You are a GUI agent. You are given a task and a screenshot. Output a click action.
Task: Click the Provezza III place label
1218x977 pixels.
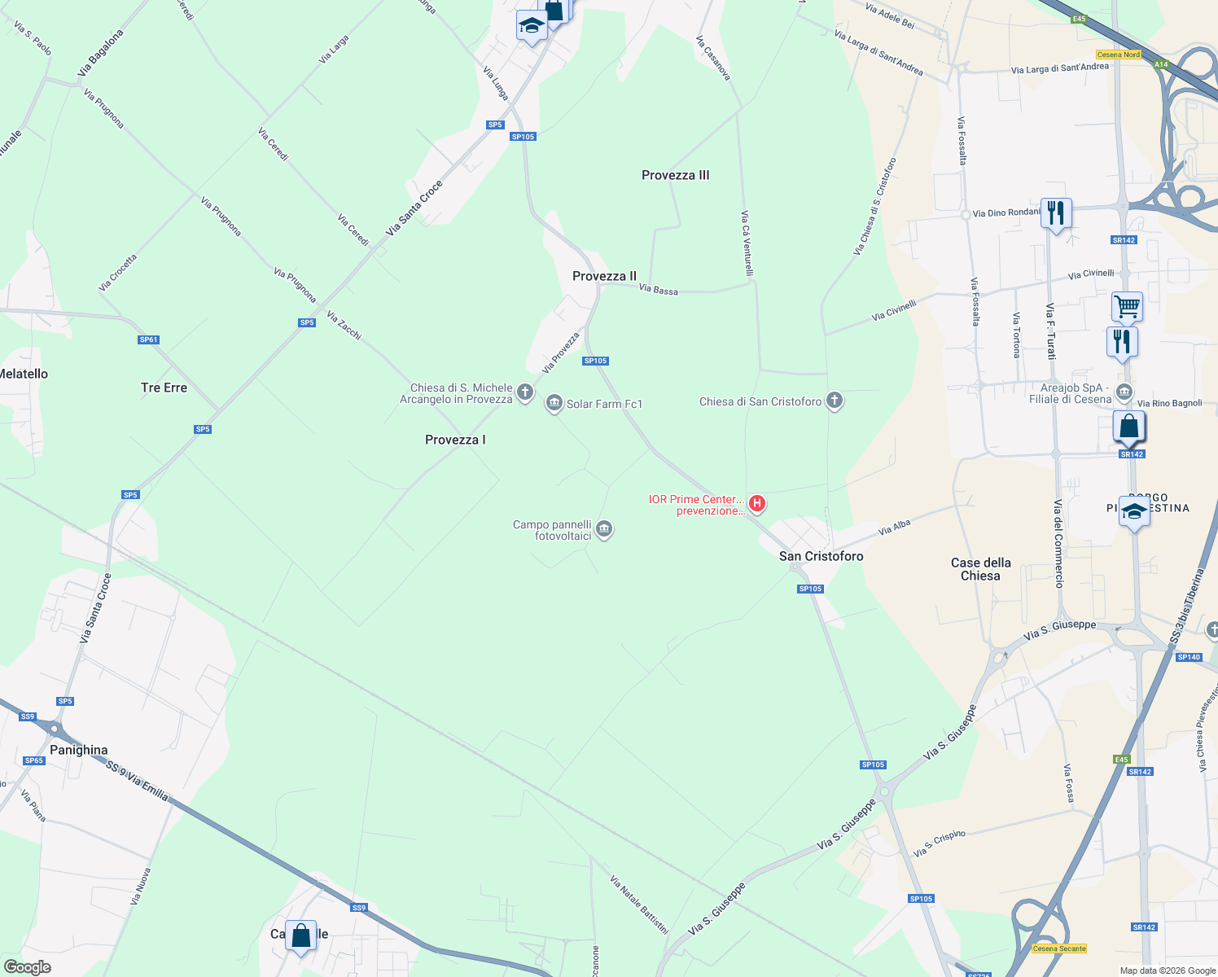pyautogui.click(x=675, y=175)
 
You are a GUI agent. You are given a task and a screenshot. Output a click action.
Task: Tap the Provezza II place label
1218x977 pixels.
pyautogui.click(x=604, y=276)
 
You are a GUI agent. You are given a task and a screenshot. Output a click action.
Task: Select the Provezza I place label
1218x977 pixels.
pyautogui.click(x=455, y=440)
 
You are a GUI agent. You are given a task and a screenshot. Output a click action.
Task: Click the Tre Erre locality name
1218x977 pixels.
pyautogui.click(x=164, y=388)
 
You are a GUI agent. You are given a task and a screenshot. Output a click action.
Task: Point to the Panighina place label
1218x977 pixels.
pyautogui.click(x=78, y=750)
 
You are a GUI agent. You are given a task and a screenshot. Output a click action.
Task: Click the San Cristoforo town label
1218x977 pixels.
pyautogui.click(x=821, y=556)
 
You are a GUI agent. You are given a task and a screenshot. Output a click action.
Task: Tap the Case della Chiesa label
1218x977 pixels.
pyautogui.click(x=980, y=569)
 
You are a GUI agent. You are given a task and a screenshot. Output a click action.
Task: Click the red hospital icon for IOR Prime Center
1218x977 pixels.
pyautogui.click(x=757, y=504)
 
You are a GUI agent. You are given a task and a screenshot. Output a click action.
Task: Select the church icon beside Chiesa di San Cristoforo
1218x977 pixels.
pyautogui.click(x=834, y=401)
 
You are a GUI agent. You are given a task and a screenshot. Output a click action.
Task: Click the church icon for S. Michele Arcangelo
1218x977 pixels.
pyautogui.click(x=525, y=392)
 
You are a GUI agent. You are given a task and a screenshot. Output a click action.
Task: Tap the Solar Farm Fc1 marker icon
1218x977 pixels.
pyautogui.click(x=554, y=403)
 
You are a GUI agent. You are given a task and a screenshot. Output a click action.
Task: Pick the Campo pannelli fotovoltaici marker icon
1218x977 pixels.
pyautogui.click(x=604, y=530)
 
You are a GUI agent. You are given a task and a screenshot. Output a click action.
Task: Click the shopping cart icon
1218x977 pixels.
pyautogui.click(x=1127, y=307)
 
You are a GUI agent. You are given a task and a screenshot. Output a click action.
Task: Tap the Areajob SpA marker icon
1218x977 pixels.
pyautogui.click(x=1124, y=392)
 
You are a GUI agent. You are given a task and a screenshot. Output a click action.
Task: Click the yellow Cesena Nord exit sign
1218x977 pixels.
pyautogui.click(x=1118, y=55)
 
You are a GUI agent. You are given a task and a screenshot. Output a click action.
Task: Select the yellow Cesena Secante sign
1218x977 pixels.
pyautogui.click(x=1058, y=949)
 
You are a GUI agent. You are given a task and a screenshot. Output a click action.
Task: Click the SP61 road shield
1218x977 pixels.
pyautogui.click(x=148, y=340)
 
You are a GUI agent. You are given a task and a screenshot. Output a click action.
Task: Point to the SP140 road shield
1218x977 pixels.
pyautogui.click(x=1189, y=657)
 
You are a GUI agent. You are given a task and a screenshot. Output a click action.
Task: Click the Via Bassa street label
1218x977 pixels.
pyautogui.click(x=658, y=289)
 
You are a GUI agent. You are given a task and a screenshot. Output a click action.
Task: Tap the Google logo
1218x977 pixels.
pyautogui.click(x=27, y=966)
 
